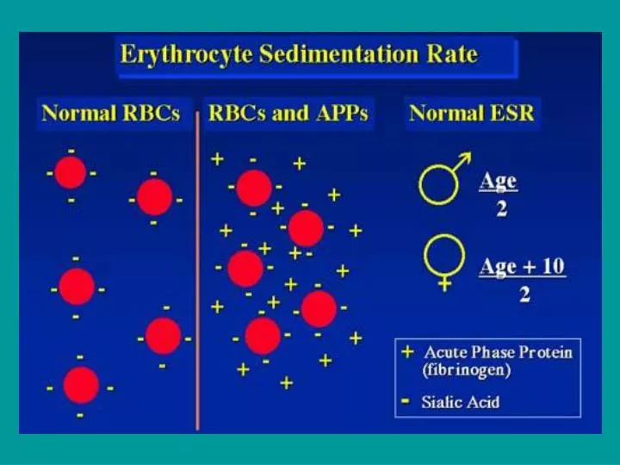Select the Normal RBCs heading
[110, 113]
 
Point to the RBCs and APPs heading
[288, 113]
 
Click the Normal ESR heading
[471, 113]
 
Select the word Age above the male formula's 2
[499, 182]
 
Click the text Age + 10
[522, 266]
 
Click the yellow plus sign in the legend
[407, 352]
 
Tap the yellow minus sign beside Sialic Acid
[406, 400]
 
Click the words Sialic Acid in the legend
[462, 401]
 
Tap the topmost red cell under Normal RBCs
[71, 173]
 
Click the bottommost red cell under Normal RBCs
[81, 385]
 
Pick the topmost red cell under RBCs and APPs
[253, 188]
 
